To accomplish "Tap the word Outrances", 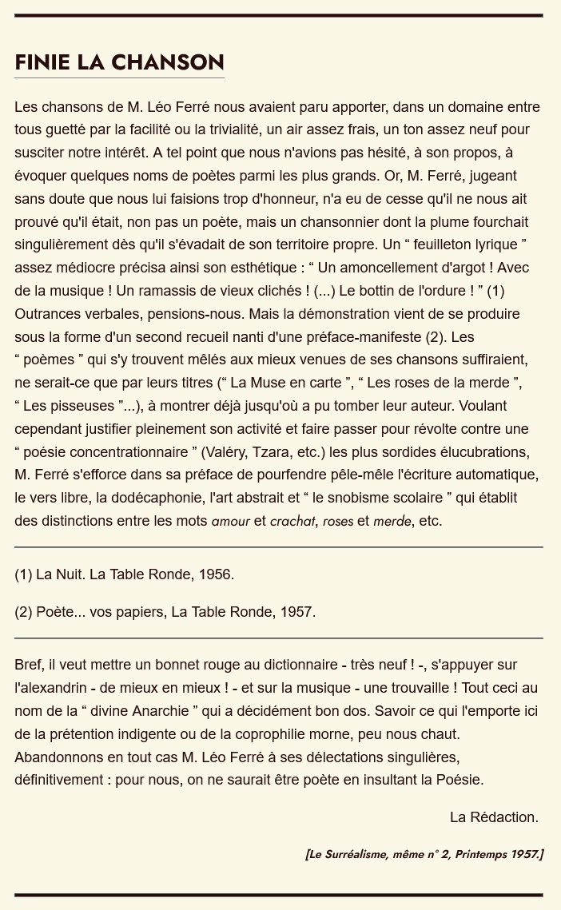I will click(47, 313).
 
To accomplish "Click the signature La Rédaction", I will click(494, 817).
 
